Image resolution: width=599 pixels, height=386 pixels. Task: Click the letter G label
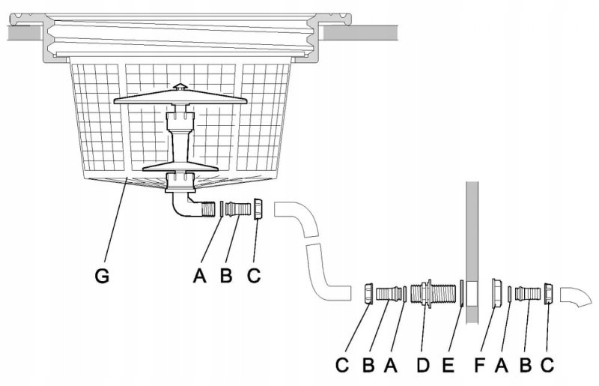coord(103,276)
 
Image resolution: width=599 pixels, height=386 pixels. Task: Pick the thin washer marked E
coord(461,292)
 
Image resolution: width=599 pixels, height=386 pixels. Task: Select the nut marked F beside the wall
coord(496,292)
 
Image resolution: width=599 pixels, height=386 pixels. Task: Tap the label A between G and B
coord(198,276)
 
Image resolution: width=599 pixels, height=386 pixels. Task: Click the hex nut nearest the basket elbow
coord(258,208)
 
